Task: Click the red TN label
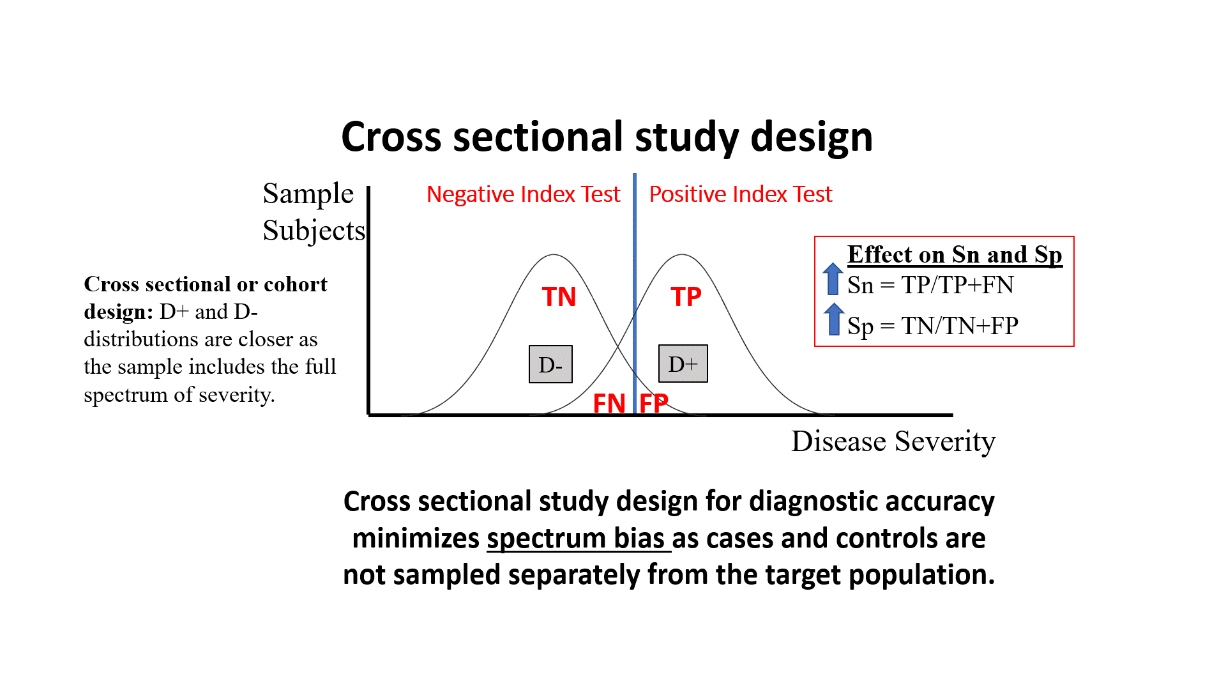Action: click(559, 297)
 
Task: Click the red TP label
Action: click(686, 297)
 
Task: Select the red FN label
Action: click(609, 404)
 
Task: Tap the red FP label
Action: click(654, 404)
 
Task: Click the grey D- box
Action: click(550, 364)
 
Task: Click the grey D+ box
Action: click(683, 364)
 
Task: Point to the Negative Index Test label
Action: click(523, 194)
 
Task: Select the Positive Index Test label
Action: click(741, 194)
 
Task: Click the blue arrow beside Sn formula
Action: click(833, 279)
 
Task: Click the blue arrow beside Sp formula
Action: click(833, 319)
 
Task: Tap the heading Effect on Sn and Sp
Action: click(955, 254)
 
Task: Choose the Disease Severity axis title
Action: click(893, 441)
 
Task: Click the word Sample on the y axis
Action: click(308, 194)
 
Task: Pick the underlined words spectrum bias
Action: click(578, 539)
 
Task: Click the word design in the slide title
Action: click(812, 137)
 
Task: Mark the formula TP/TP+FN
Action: click(957, 285)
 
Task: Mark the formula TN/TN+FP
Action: click(960, 326)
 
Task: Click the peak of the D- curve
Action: click(554, 256)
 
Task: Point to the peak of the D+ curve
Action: click(683, 256)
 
